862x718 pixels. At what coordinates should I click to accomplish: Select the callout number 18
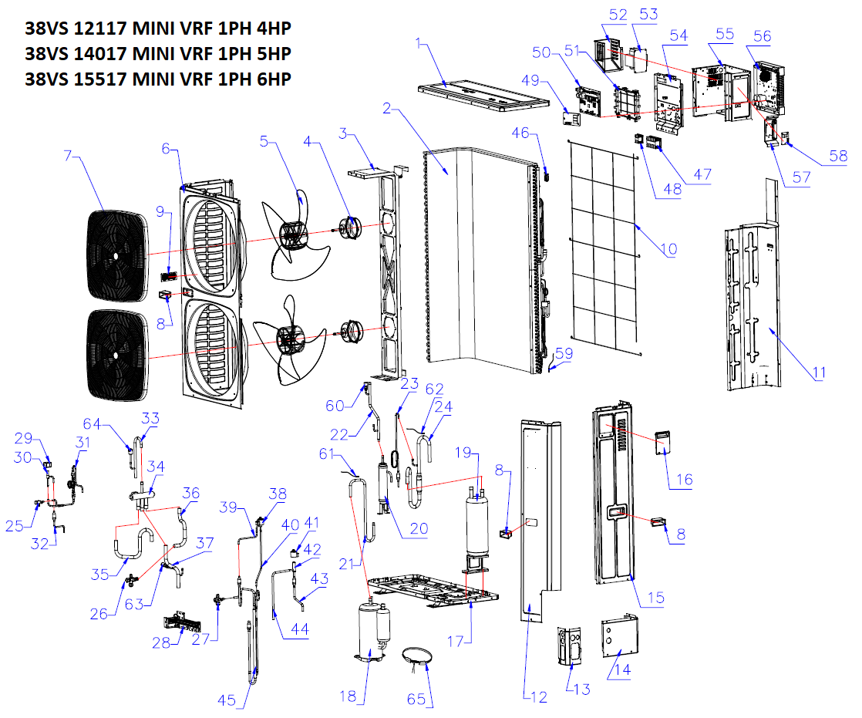(348, 696)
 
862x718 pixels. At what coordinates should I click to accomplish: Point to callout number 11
(818, 373)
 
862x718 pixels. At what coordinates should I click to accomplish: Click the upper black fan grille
(115, 255)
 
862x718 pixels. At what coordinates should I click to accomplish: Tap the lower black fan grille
(115, 355)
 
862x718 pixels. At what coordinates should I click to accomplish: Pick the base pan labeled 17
(432, 590)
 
